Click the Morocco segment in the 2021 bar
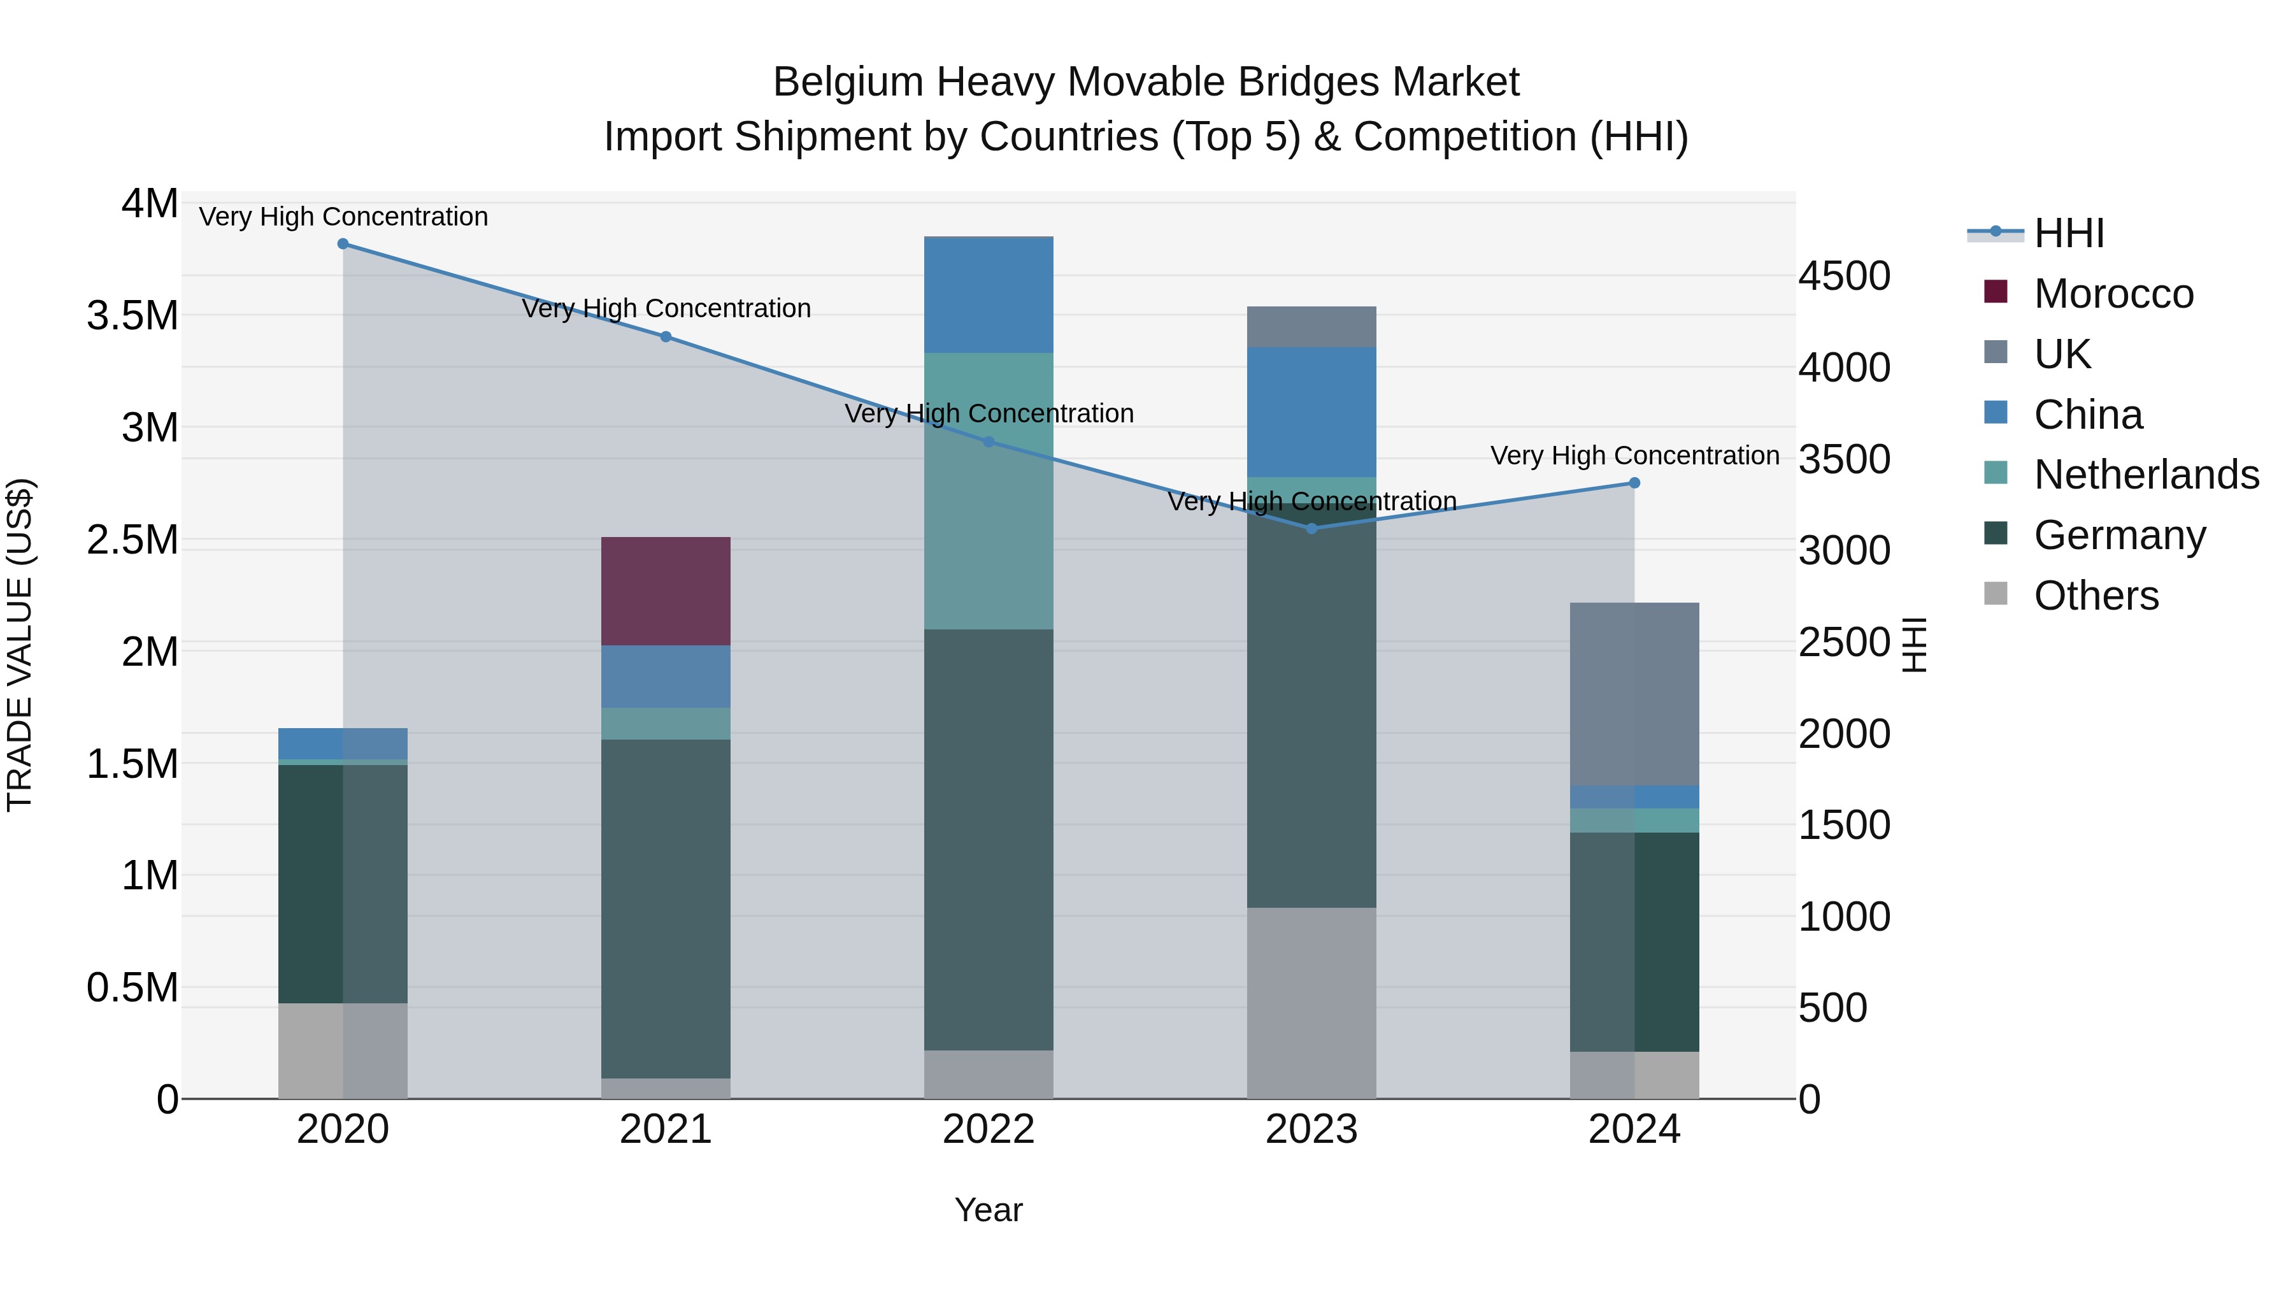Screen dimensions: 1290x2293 [x=666, y=591]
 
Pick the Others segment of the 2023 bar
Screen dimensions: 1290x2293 [x=1311, y=1003]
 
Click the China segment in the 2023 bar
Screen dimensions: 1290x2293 [x=1311, y=412]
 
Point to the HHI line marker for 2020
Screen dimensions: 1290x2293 [x=343, y=243]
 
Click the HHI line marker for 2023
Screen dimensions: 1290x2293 [x=1311, y=528]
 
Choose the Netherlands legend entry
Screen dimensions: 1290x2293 [x=2145, y=475]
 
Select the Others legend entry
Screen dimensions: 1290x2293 [x=2096, y=596]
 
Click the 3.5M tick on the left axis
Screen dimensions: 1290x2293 [x=132, y=316]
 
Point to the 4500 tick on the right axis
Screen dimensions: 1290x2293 [x=1843, y=276]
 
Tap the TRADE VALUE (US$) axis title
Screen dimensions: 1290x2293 [x=20, y=645]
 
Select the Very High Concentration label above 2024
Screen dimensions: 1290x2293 [x=1634, y=455]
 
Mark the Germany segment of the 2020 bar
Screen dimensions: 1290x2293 [x=343, y=883]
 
